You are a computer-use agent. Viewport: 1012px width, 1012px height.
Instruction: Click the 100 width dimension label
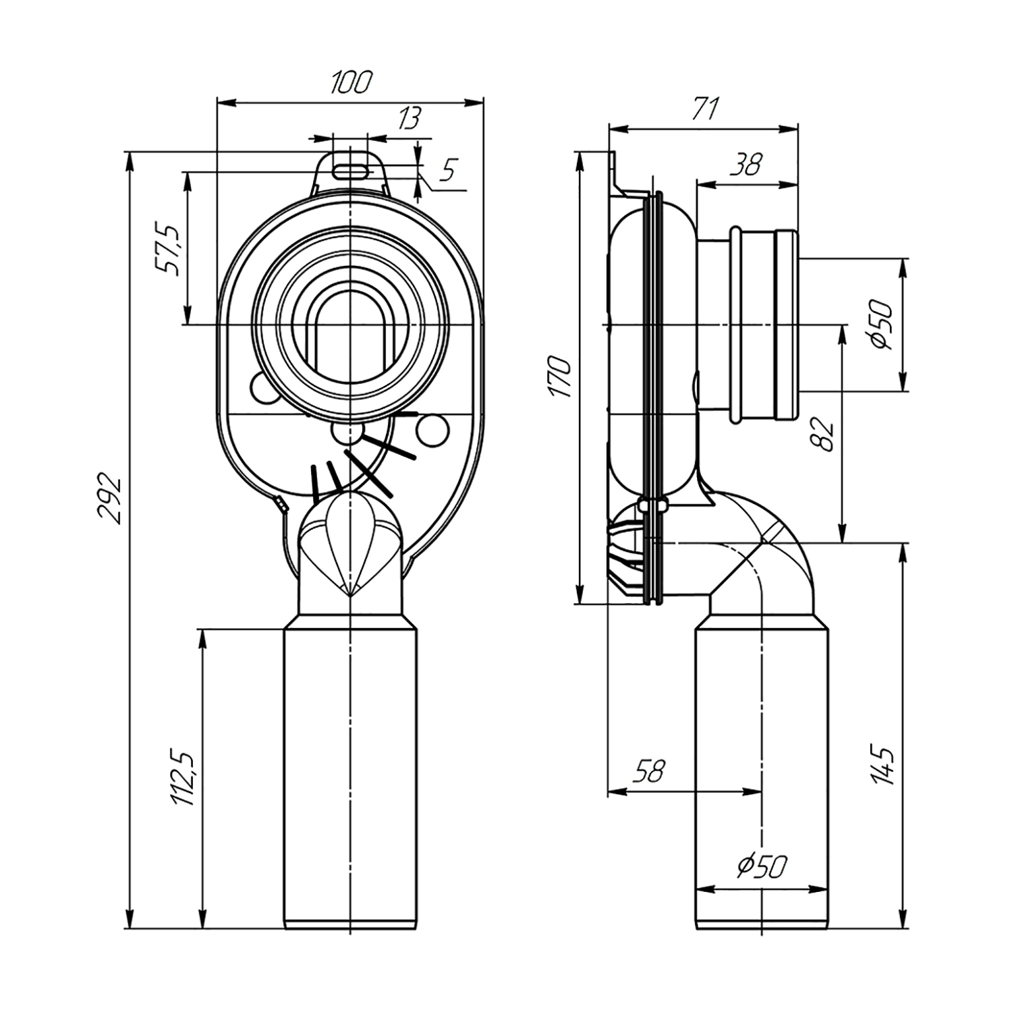pos(351,82)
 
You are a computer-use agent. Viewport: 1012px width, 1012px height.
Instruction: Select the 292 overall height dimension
pos(110,501)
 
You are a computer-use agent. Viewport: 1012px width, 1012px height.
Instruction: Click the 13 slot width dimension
pos(410,119)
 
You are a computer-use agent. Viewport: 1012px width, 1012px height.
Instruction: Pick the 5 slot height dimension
pos(446,170)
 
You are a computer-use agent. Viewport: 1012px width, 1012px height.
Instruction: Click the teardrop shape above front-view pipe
pos(350,544)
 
